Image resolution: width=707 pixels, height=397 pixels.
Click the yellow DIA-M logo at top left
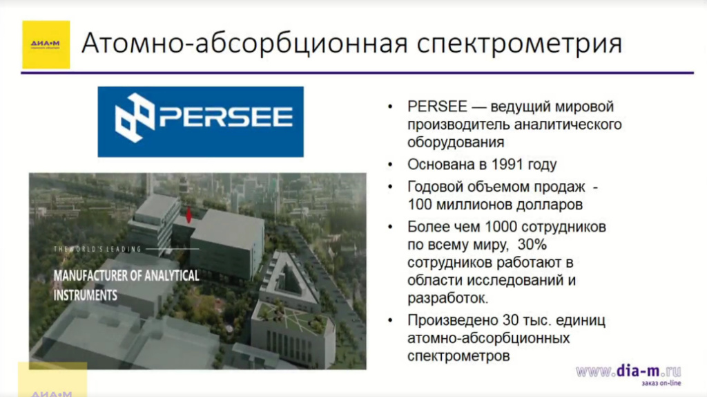tap(46, 44)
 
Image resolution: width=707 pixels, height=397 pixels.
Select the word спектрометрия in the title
tap(521, 44)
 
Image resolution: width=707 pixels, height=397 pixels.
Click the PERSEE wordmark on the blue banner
tap(226, 117)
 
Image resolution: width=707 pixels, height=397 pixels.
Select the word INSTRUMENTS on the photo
tap(86, 295)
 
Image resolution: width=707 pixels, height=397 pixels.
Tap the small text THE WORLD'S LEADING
tap(97, 248)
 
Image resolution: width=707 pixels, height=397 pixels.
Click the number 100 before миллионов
tap(421, 205)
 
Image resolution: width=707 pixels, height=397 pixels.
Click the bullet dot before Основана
tap(392, 165)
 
